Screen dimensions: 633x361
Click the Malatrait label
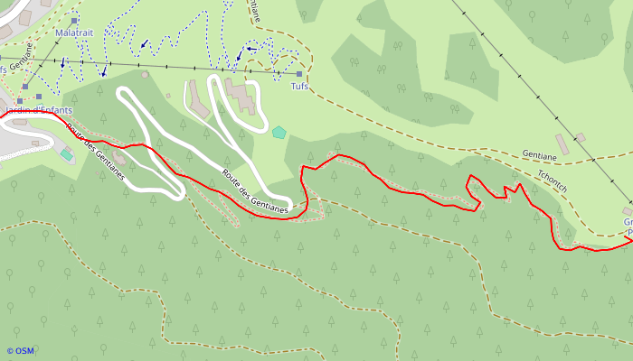[x=73, y=32]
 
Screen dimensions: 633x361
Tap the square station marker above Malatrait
[x=74, y=20]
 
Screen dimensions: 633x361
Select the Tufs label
[x=299, y=87]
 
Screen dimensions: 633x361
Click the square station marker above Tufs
[x=299, y=74]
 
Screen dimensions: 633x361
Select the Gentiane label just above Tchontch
[x=539, y=154]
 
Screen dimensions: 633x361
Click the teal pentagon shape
[x=279, y=132]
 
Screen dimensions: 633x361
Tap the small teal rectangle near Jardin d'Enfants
[x=66, y=154]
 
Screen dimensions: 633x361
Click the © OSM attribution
[x=20, y=351]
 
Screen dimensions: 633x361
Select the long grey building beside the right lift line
[x=562, y=143]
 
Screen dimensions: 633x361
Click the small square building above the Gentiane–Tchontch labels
[x=580, y=137]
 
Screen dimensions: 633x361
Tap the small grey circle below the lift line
[x=145, y=75]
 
